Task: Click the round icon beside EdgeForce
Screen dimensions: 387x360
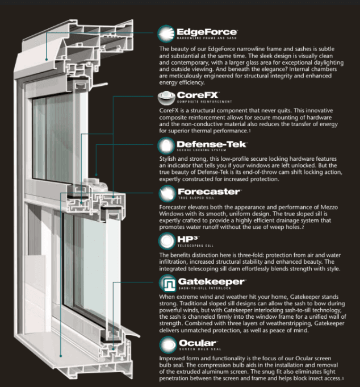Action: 166,35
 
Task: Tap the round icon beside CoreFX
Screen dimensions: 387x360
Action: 166,97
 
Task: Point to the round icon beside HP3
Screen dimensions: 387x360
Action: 166,242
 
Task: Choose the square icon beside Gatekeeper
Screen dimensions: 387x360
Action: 166,284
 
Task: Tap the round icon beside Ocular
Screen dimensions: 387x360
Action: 166,345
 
